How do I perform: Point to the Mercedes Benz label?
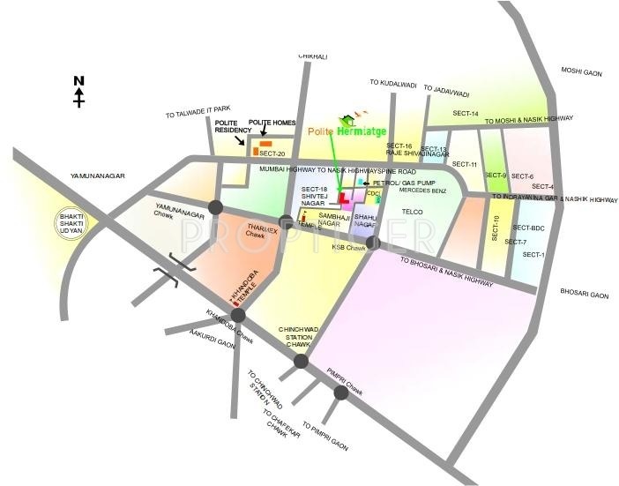(x=423, y=190)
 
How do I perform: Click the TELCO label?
(x=413, y=212)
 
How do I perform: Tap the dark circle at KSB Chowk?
(x=373, y=241)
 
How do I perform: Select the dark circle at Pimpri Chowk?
(x=341, y=393)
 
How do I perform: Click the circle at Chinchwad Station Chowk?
(x=301, y=361)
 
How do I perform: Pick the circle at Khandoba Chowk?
(x=238, y=316)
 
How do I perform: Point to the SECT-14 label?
(x=466, y=114)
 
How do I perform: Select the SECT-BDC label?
(x=529, y=228)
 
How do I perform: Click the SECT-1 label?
(x=533, y=255)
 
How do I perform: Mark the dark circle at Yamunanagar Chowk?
(x=215, y=207)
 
